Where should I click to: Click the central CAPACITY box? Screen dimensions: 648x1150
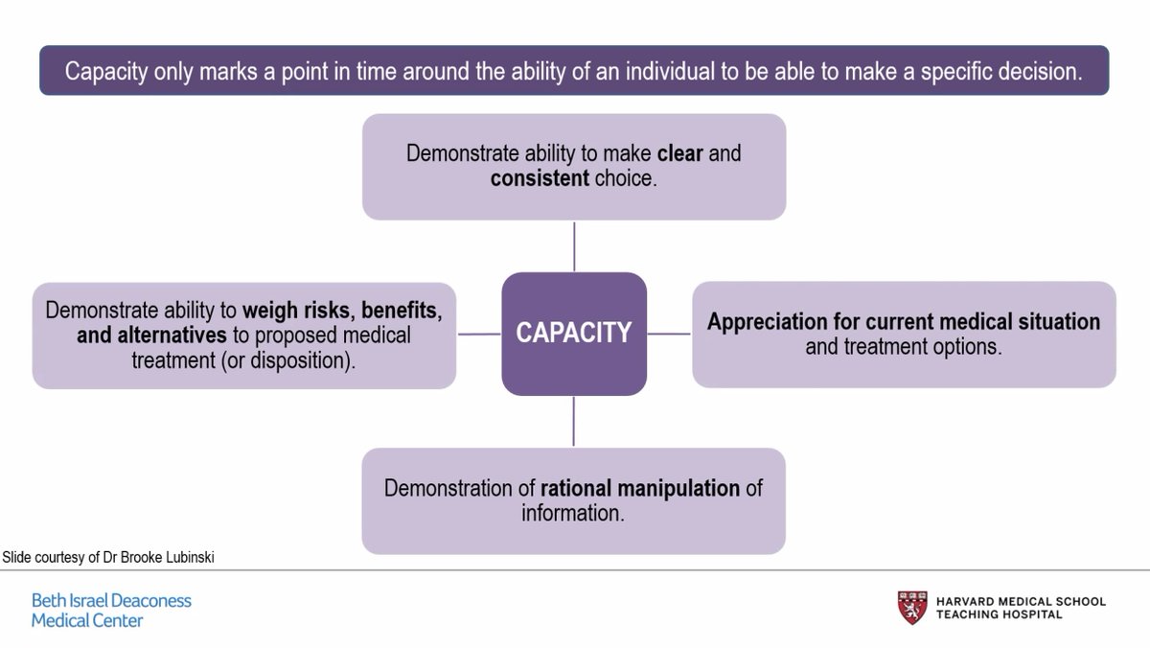574,333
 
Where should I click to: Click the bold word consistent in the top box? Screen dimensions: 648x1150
540,178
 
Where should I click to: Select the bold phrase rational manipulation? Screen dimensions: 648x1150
640,488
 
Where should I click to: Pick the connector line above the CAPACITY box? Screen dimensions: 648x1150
574,246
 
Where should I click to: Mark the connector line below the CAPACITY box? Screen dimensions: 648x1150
574,421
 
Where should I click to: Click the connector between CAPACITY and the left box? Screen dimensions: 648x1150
479,335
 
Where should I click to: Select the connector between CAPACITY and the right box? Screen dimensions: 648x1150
669,335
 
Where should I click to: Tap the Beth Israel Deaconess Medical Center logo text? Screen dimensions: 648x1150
111,611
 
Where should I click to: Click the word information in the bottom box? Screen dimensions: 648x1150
572,513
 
